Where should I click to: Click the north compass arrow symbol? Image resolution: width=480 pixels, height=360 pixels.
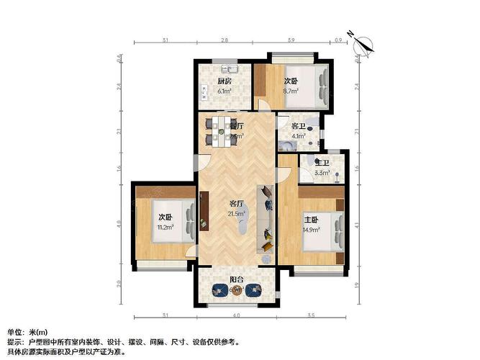tap(365, 42)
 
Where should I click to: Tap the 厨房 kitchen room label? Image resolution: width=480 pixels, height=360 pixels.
tap(225, 81)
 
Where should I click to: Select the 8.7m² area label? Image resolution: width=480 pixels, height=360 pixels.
tap(291, 91)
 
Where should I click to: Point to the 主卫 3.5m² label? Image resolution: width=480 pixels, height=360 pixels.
tap(322, 167)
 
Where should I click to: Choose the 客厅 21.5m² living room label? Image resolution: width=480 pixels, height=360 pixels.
tap(237, 208)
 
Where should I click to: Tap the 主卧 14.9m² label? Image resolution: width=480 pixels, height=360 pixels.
tap(311, 225)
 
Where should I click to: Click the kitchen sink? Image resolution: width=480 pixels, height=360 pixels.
tap(230, 70)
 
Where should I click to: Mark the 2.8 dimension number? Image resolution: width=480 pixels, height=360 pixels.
tap(225, 40)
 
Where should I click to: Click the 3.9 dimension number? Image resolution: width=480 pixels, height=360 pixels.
tap(290, 40)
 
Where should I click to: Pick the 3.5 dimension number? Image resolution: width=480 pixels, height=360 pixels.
tap(311, 315)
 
